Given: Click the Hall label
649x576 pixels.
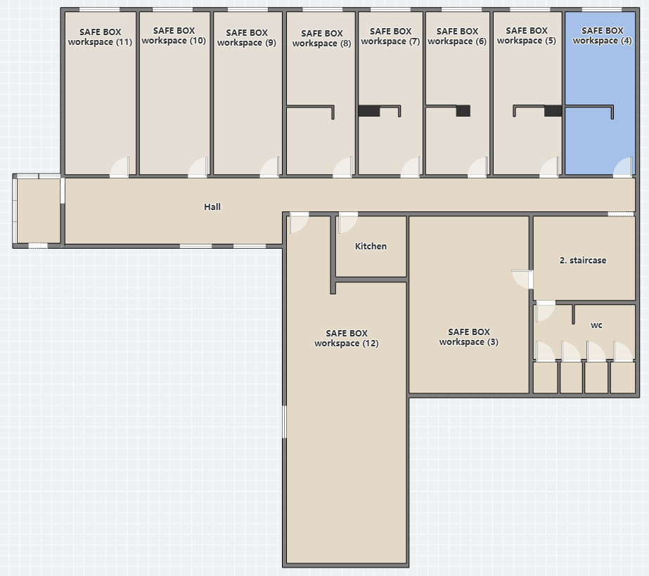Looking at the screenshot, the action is tap(212, 207).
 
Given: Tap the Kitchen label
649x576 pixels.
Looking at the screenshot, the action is tap(371, 246).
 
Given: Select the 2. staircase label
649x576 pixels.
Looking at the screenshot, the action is tap(583, 260).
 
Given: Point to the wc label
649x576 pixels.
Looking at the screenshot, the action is tap(596, 325).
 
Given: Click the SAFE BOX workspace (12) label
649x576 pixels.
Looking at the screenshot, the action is tap(347, 339).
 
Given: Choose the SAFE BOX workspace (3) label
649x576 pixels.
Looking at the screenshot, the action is tap(468, 337).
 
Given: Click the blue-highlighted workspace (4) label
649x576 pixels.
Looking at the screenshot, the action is tap(602, 36).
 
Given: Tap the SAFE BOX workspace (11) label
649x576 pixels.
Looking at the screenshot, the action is tap(100, 37).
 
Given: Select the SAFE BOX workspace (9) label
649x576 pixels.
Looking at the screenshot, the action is tap(247, 38).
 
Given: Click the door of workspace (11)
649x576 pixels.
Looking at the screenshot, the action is tap(120, 167).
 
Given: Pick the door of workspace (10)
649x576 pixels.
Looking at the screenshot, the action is tap(198, 167).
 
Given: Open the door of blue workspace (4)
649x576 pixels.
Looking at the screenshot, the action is tap(623, 167).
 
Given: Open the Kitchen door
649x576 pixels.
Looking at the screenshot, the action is tap(347, 223).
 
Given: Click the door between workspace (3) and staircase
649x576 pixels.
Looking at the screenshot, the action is tap(522, 280).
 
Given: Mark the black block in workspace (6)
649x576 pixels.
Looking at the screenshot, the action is tap(463, 111).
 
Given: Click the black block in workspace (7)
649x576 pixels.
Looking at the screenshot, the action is tap(369, 111).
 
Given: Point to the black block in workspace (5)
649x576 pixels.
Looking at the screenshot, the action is tap(553, 111).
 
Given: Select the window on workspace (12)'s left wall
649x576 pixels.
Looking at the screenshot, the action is tap(284, 421).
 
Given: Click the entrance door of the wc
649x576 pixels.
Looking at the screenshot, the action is tap(546, 311).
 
